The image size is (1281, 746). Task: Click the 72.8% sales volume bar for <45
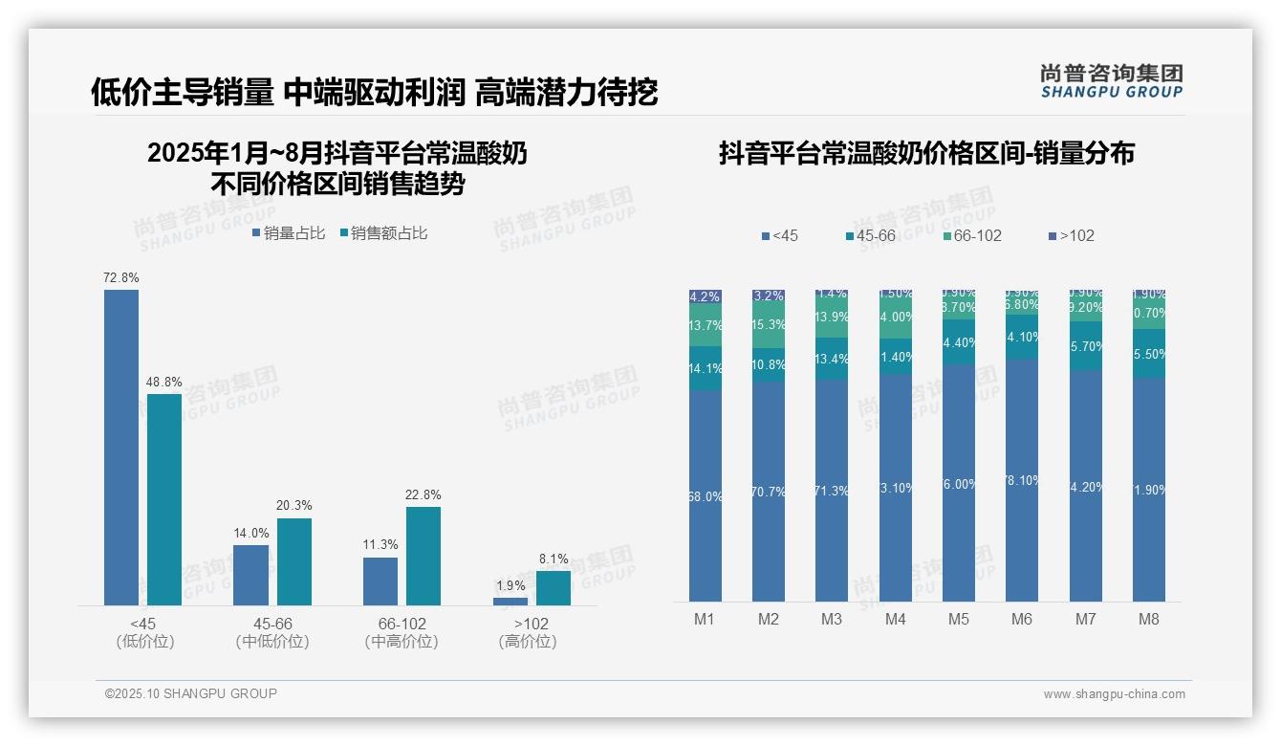click(x=121, y=447)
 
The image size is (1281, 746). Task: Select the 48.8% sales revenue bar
click(x=164, y=498)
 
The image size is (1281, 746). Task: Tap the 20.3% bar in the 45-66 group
click(x=294, y=561)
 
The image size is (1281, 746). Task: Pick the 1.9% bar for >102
click(x=510, y=601)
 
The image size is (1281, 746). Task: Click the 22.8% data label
click(x=423, y=495)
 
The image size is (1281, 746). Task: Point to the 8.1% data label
click(x=553, y=559)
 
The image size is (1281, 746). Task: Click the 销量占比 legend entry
click(x=289, y=233)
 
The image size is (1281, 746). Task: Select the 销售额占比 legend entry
click(x=383, y=233)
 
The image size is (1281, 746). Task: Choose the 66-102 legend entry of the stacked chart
click(x=972, y=236)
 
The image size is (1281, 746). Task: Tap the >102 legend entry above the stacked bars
click(x=1072, y=236)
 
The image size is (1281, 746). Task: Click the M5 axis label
click(x=959, y=620)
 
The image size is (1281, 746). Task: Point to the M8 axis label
click(x=1149, y=620)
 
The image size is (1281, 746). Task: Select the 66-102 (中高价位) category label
click(x=402, y=633)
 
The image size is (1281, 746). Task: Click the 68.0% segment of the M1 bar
click(x=706, y=495)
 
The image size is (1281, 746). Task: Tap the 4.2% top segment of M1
click(x=706, y=296)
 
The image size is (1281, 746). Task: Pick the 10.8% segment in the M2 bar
click(x=769, y=364)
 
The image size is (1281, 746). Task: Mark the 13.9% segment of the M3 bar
click(x=832, y=318)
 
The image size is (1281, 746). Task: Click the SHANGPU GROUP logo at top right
click(x=1112, y=81)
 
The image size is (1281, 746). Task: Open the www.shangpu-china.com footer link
click(x=1114, y=694)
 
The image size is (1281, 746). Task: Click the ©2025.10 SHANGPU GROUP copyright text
click(x=191, y=694)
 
